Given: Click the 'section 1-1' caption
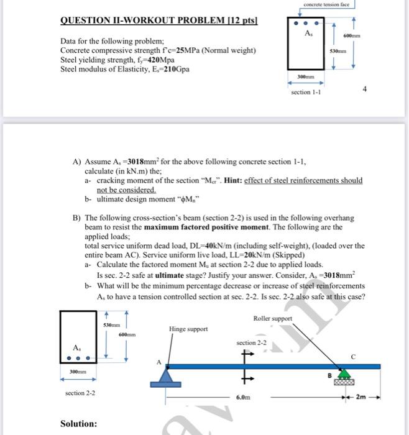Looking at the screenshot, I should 306,93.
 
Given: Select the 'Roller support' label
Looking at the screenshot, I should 272,318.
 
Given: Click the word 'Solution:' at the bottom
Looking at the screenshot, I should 78,424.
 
